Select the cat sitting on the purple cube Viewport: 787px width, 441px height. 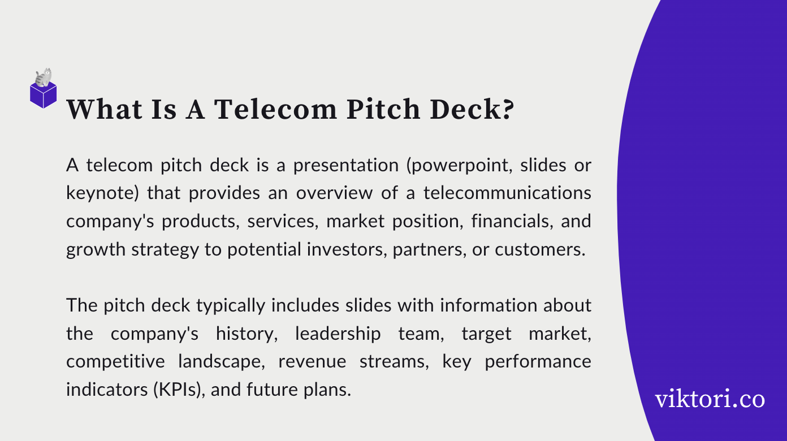pyautogui.click(x=44, y=77)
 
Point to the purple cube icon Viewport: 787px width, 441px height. pyautogui.click(x=44, y=95)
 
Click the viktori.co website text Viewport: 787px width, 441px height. pyautogui.click(x=710, y=399)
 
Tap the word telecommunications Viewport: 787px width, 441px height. pyautogui.click(x=507, y=193)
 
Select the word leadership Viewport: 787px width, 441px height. pyautogui.click(x=338, y=334)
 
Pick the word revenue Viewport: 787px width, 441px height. pyautogui.click(x=307, y=361)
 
